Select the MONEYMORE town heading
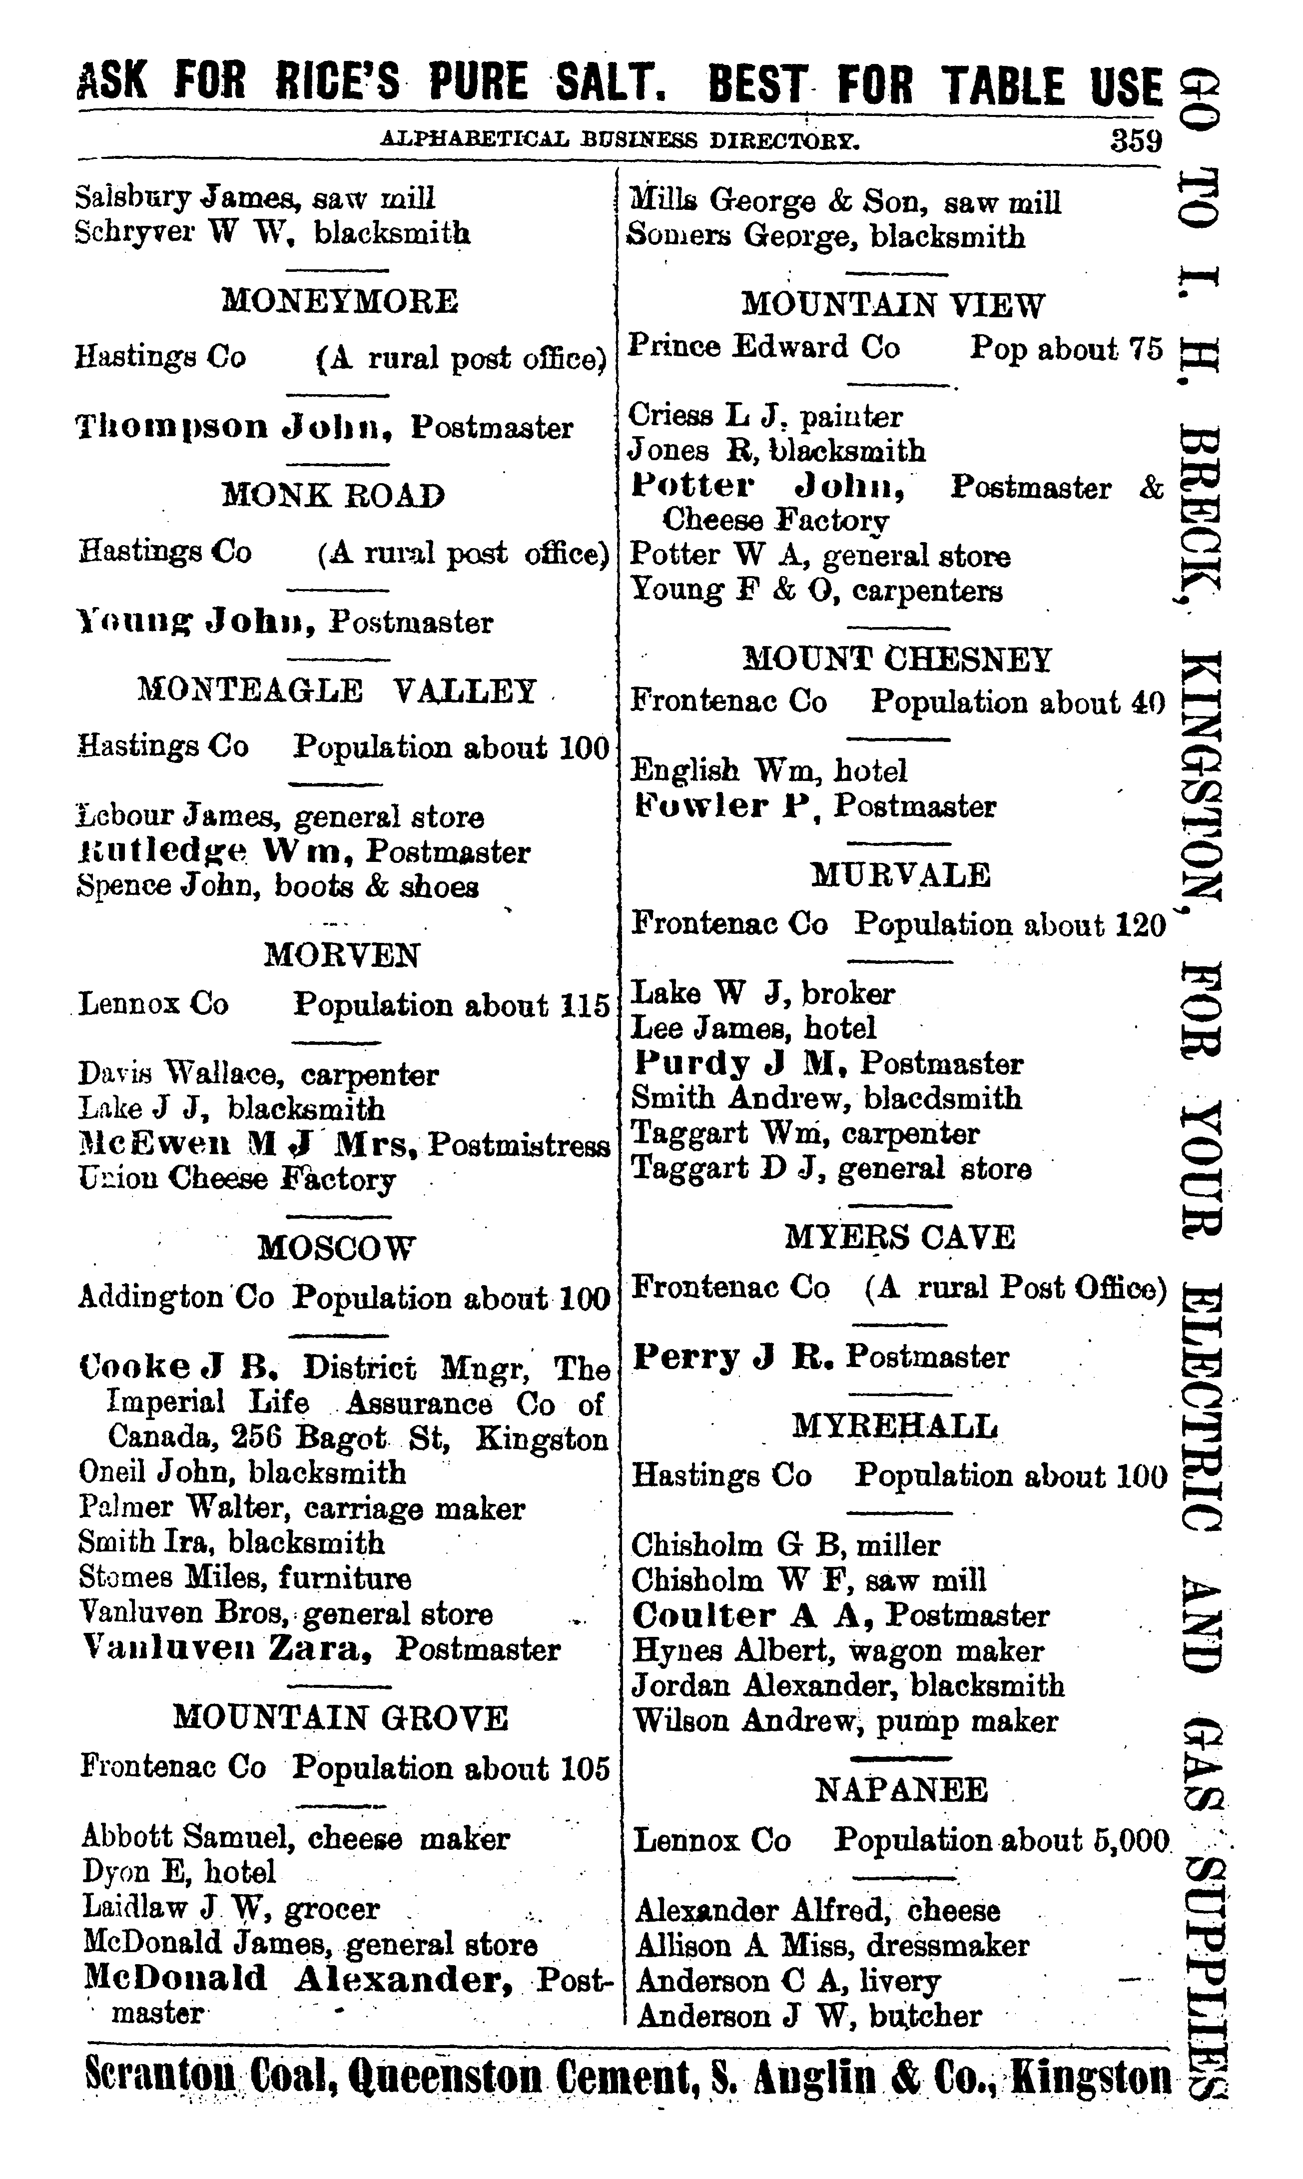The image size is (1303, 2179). click(x=340, y=301)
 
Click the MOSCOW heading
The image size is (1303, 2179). click(x=336, y=1247)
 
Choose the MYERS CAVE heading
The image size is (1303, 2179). click(x=900, y=1237)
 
